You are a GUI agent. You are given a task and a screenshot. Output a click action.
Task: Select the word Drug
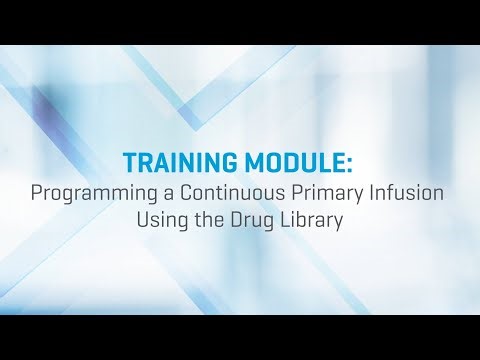(x=252, y=220)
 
